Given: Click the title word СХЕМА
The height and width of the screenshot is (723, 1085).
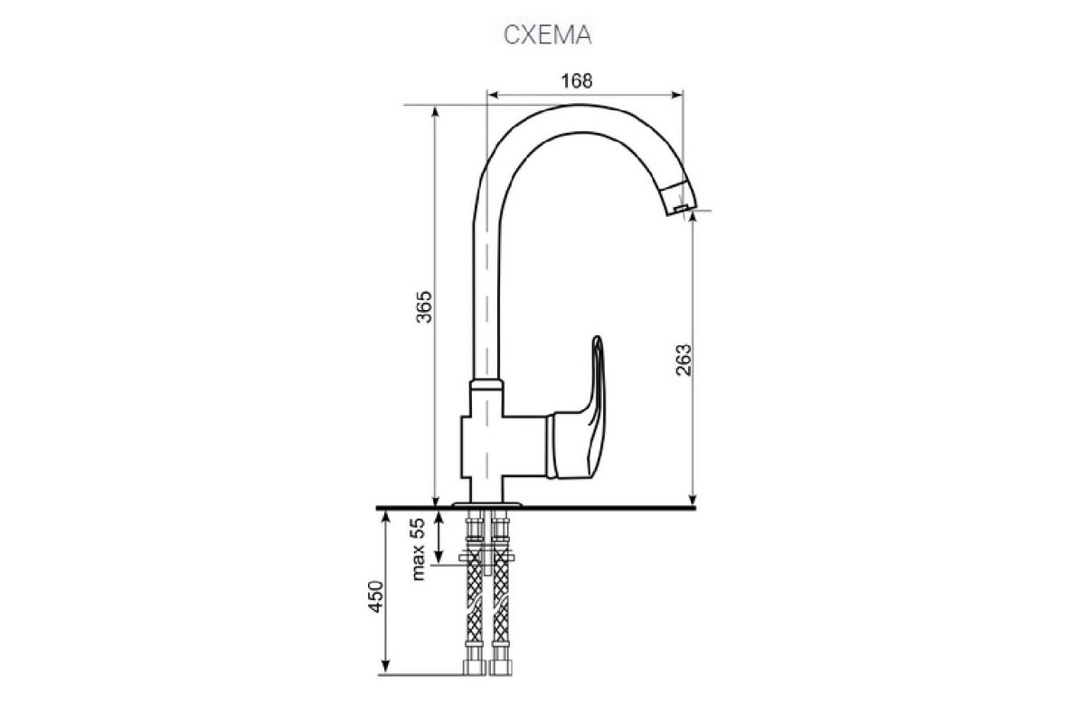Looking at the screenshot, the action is coord(547,35).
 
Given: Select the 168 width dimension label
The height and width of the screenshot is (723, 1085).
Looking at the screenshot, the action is coord(577,80).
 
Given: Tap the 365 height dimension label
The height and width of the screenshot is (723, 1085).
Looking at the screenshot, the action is coord(424,307).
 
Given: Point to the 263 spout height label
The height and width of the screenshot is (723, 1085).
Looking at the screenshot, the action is coord(684,361).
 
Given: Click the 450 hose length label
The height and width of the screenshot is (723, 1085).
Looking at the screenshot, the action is coord(376,596).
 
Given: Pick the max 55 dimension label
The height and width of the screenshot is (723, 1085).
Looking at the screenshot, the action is coord(417,549).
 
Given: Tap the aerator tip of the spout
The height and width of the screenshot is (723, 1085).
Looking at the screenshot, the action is coord(679,198).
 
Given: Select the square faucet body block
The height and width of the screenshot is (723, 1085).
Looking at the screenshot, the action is coord(504,446).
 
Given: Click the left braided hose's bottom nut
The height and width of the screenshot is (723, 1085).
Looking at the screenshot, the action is coord(474,668).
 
